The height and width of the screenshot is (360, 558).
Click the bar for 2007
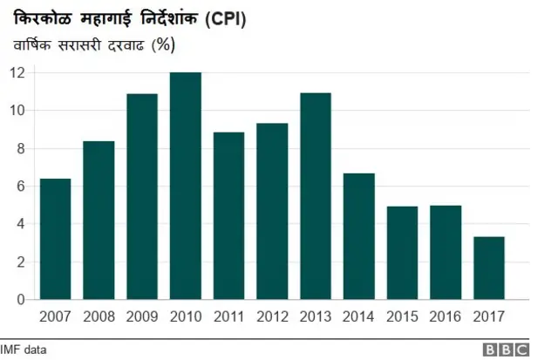point(55,239)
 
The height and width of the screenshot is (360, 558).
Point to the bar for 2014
point(358,236)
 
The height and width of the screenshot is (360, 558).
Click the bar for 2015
point(402,253)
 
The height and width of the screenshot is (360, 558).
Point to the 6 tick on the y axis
point(20,186)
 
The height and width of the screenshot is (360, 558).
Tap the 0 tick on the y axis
point(20,299)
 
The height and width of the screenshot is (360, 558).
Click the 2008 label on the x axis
point(99,315)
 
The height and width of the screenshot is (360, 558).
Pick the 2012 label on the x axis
point(272,315)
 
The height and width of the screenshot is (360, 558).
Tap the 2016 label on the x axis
point(446,315)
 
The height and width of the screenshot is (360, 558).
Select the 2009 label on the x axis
point(142,315)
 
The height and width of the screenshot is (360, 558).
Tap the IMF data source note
point(24,350)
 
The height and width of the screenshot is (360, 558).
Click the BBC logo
point(507,350)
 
